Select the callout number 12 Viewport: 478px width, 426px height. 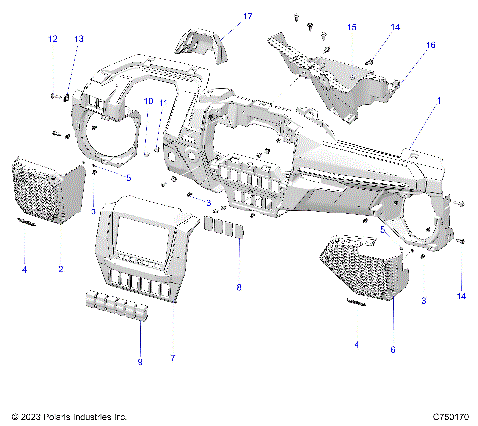[x=52, y=38]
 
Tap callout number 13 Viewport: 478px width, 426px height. [x=79, y=38]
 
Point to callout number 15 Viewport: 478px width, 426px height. [x=351, y=27]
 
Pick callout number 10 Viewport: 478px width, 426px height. [x=148, y=102]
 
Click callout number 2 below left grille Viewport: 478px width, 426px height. [x=60, y=270]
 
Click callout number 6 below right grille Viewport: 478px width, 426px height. [x=393, y=350]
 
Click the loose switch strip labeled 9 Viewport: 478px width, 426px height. [x=118, y=305]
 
